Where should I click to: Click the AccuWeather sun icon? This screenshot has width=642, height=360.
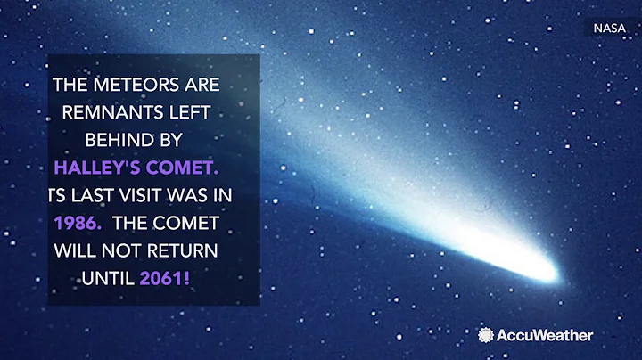click(486, 335)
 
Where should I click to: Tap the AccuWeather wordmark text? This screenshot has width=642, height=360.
click(544, 335)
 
